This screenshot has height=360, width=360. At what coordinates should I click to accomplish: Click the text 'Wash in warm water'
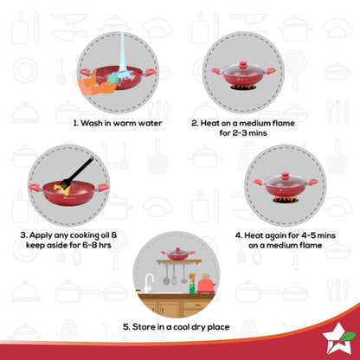tap(117, 123)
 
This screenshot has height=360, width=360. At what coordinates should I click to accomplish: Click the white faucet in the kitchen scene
tap(150, 282)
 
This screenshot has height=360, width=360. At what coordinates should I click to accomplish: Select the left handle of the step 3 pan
tap(36, 187)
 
